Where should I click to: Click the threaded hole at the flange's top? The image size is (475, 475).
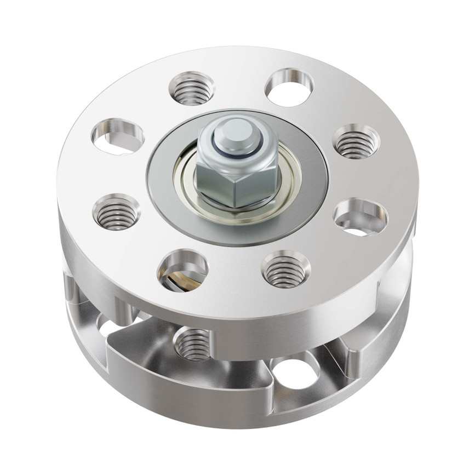pos(191,89)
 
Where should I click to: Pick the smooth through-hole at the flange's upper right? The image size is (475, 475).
pos(289,87)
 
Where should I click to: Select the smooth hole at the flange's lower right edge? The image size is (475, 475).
pos(360,218)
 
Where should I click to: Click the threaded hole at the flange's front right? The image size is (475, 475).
pos(285,268)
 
